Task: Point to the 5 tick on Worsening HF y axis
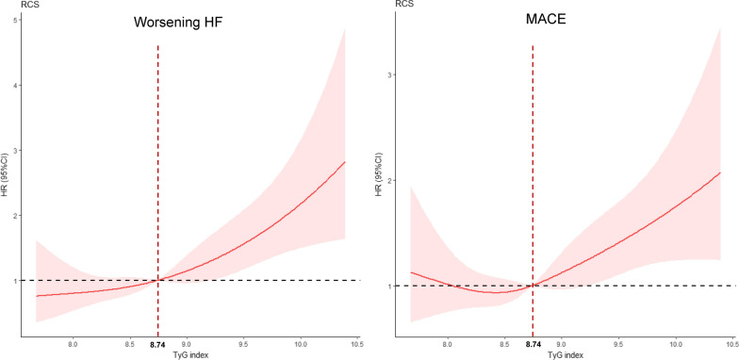tap(23, 21)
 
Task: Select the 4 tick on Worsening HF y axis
tap(23, 86)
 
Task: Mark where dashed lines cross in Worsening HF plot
tap(157, 280)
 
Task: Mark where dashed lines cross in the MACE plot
tap(533, 286)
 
